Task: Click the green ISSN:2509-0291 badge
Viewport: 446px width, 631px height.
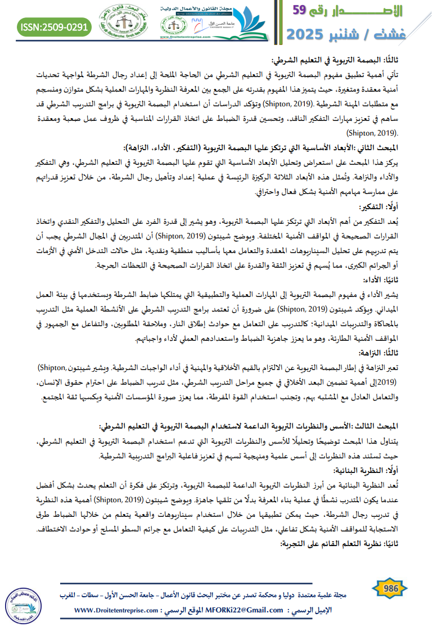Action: click(54, 26)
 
